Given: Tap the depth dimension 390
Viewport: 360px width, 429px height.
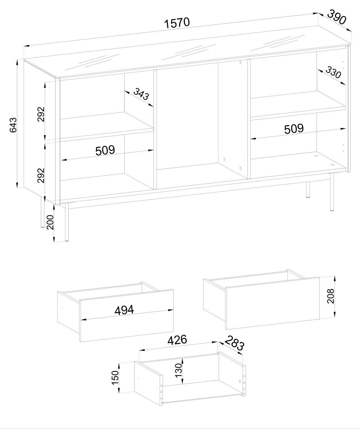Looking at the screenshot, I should [x=336, y=17].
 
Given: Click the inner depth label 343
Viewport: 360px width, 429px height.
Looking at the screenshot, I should [x=141, y=94].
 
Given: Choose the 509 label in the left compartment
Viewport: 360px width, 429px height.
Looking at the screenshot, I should [x=105, y=150].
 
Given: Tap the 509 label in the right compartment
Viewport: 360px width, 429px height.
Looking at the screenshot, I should [x=294, y=129].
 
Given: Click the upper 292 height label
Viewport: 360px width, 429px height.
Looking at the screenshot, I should [x=41, y=114].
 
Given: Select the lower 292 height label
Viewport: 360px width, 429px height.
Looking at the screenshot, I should [x=41, y=175].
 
